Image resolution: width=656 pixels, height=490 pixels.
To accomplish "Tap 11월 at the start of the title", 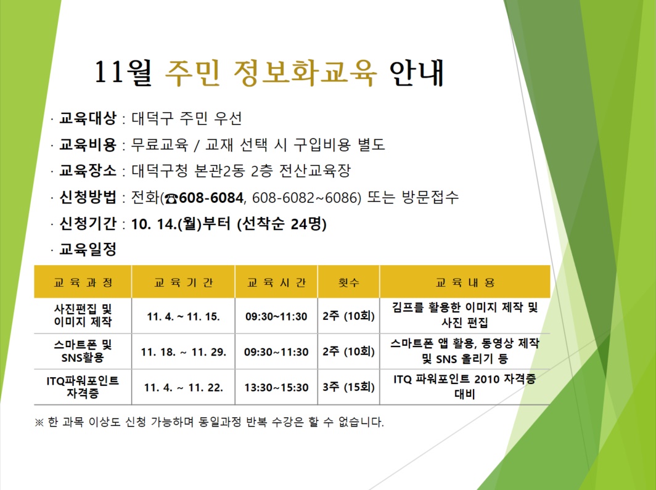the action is [123, 73].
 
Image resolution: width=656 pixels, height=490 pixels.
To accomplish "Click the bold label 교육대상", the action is [88, 118].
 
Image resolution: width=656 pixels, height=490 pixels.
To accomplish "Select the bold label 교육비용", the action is [88, 145].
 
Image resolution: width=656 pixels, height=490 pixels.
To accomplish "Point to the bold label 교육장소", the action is [88, 171].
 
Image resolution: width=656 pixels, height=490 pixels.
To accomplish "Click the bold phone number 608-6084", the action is [211, 197].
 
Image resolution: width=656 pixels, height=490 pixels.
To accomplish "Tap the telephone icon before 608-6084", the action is [171, 198].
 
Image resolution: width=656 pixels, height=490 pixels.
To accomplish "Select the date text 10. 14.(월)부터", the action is [181, 224].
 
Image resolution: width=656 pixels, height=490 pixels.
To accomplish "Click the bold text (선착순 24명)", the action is [282, 224].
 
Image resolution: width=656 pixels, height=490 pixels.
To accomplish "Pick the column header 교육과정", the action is [83, 283].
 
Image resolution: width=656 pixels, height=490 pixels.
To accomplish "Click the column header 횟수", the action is [348, 283].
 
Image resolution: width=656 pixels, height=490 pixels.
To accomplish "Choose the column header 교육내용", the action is [465, 283].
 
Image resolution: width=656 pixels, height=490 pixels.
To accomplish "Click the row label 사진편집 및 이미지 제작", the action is [83, 315].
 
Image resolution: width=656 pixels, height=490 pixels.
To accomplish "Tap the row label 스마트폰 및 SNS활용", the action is [83, 351].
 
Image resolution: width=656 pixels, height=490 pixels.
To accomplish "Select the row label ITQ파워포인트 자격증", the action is [83, 386].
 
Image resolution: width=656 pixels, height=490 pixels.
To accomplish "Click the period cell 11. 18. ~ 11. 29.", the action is [183, 352].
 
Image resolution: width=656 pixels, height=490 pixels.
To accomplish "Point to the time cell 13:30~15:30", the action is [276, 388].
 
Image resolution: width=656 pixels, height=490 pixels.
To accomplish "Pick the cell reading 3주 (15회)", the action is [348, 387].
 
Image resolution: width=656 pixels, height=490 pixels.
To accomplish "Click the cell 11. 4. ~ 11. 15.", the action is [183, 316].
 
